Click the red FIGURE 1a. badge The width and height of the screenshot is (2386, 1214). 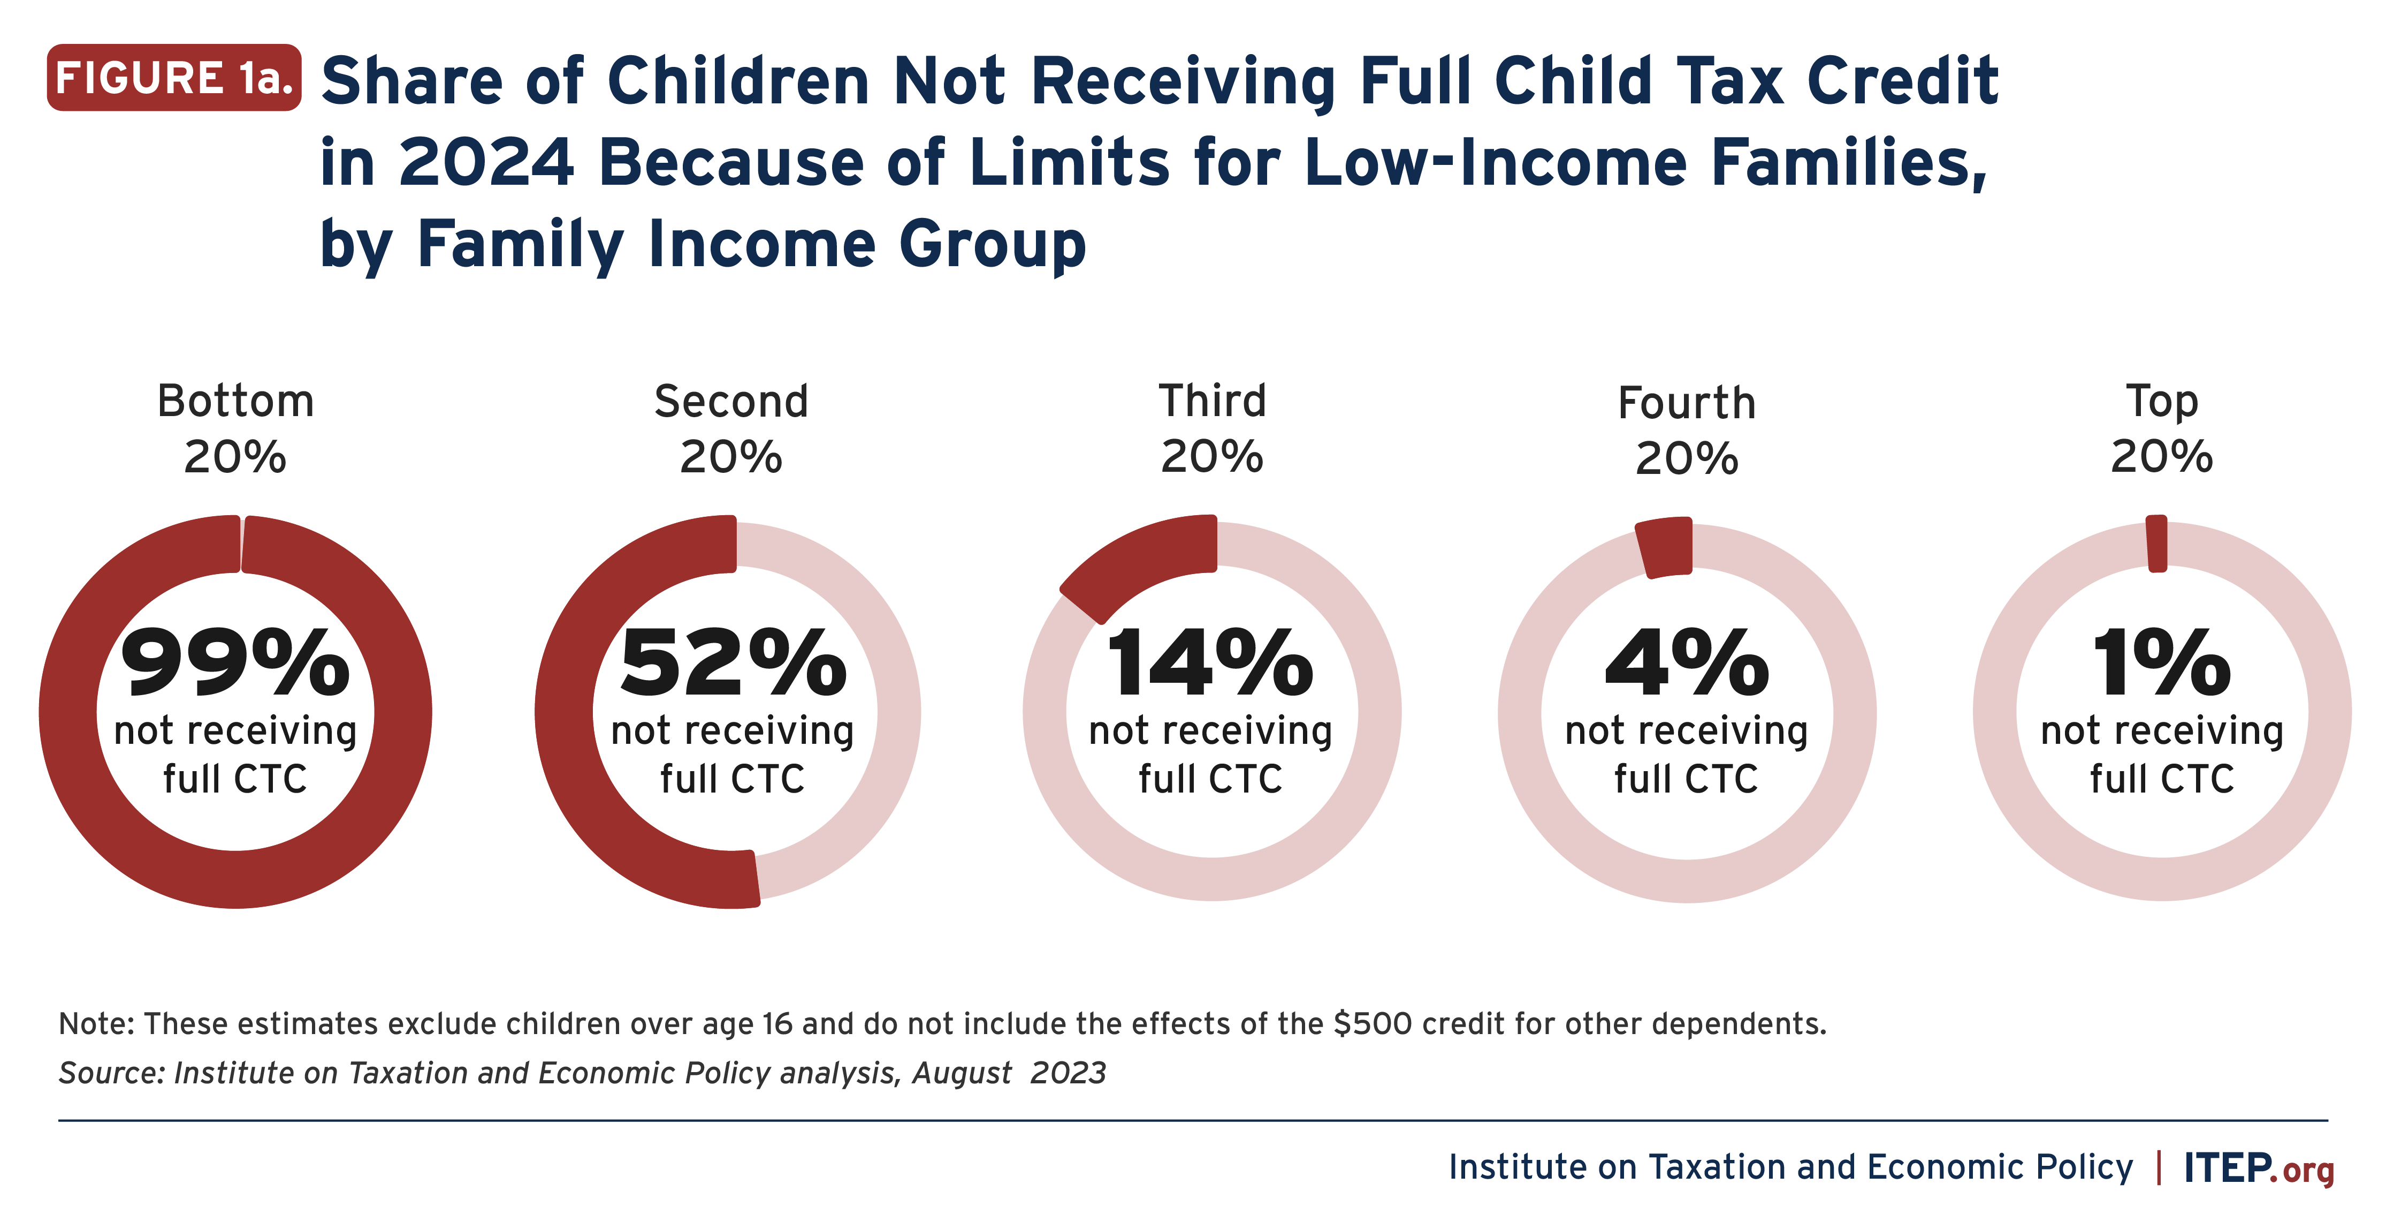174,78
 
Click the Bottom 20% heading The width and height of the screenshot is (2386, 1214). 235,428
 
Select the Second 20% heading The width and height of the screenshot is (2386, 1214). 731,428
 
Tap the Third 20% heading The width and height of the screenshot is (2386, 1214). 1211,428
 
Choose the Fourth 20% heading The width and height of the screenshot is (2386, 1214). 1687,430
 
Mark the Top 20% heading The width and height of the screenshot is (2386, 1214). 2162,428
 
